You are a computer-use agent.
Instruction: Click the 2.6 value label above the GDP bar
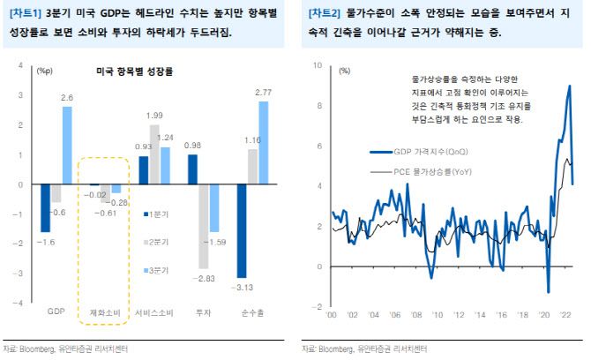(x=67, y=97)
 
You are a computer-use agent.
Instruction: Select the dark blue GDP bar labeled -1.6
(x=45, y=208)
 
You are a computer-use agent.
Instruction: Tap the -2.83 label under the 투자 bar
(x=206, y=278)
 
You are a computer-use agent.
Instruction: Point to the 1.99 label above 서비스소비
(x=154, y=116)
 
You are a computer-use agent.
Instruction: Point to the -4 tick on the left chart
(x=20, y=303)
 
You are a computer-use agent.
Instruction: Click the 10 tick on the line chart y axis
(x=318, y=66)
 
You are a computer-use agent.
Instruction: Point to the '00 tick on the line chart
(x=332, y=316)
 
